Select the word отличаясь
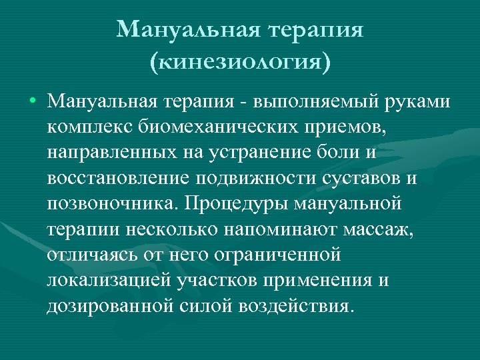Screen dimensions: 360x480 (x=89, y=255)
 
